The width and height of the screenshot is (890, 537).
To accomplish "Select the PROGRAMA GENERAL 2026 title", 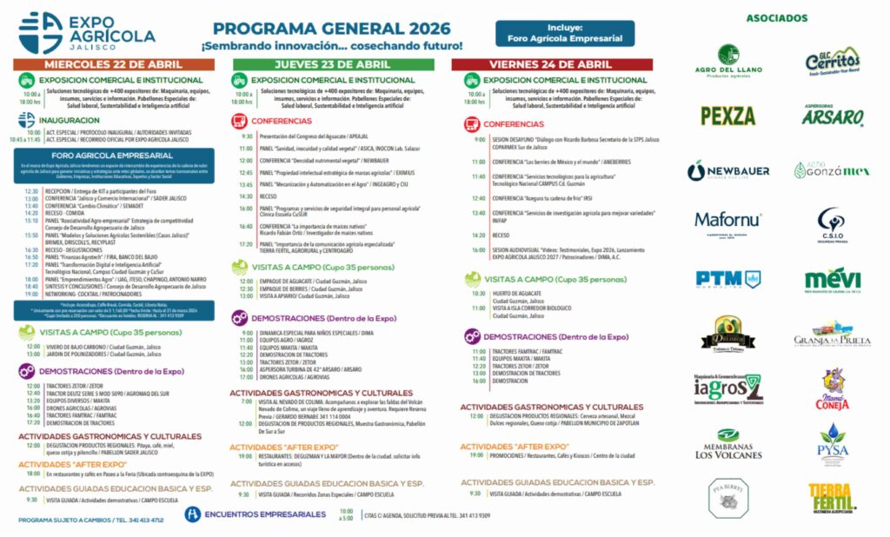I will click(x=332, y=28).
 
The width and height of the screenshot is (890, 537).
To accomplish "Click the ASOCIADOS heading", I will click(x=776, y=17).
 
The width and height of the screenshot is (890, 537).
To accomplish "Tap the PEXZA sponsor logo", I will click(x=727, y=116).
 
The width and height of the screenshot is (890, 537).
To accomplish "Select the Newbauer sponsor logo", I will click(x=728, y=171).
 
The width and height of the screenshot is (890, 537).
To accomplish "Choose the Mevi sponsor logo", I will click(x=832, y=280).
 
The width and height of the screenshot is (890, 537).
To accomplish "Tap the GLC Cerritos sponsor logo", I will click(x=832, y=61).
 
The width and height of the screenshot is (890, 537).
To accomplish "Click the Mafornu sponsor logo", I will click(x=728, y=223).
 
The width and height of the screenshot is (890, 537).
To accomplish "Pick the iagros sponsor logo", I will click(x=728, y=388).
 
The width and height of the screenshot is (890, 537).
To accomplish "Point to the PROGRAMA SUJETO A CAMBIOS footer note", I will click(x=90, y=520).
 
